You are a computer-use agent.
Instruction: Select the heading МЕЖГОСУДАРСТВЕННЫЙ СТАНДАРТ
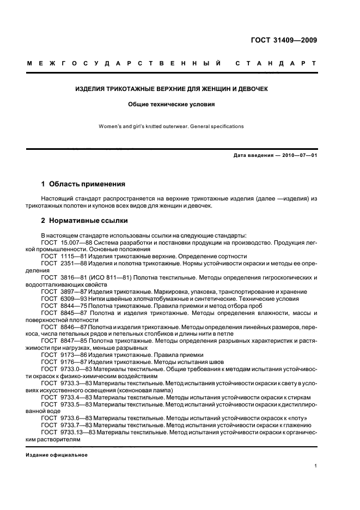click(x=172, y=64)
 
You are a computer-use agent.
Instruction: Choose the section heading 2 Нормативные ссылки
click(x=85, y=221)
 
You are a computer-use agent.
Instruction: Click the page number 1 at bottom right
click(x=316, y=466)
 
